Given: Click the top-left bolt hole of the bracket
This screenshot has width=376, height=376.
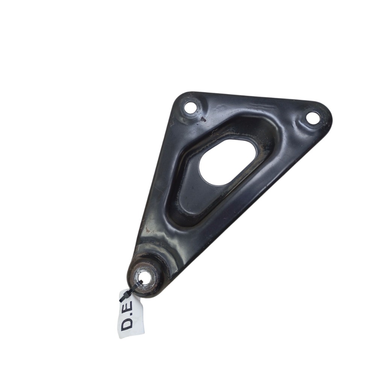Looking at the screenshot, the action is click(192, 108).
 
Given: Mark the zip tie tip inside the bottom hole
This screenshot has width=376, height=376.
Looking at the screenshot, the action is click(141, 282).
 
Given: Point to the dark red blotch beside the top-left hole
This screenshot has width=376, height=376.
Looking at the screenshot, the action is click(203, 118).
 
